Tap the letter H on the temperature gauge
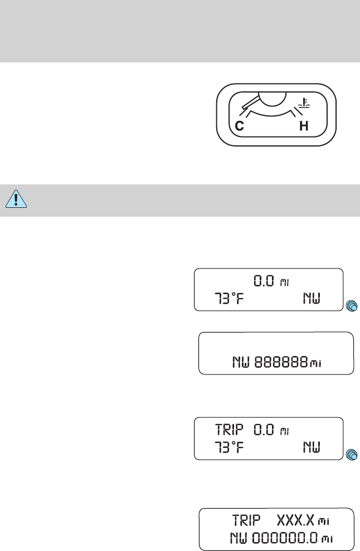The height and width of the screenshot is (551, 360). click(304, 126)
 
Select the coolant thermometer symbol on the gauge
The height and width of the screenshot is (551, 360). click(302, 102)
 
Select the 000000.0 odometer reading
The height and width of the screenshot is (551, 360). click(286, 538)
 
